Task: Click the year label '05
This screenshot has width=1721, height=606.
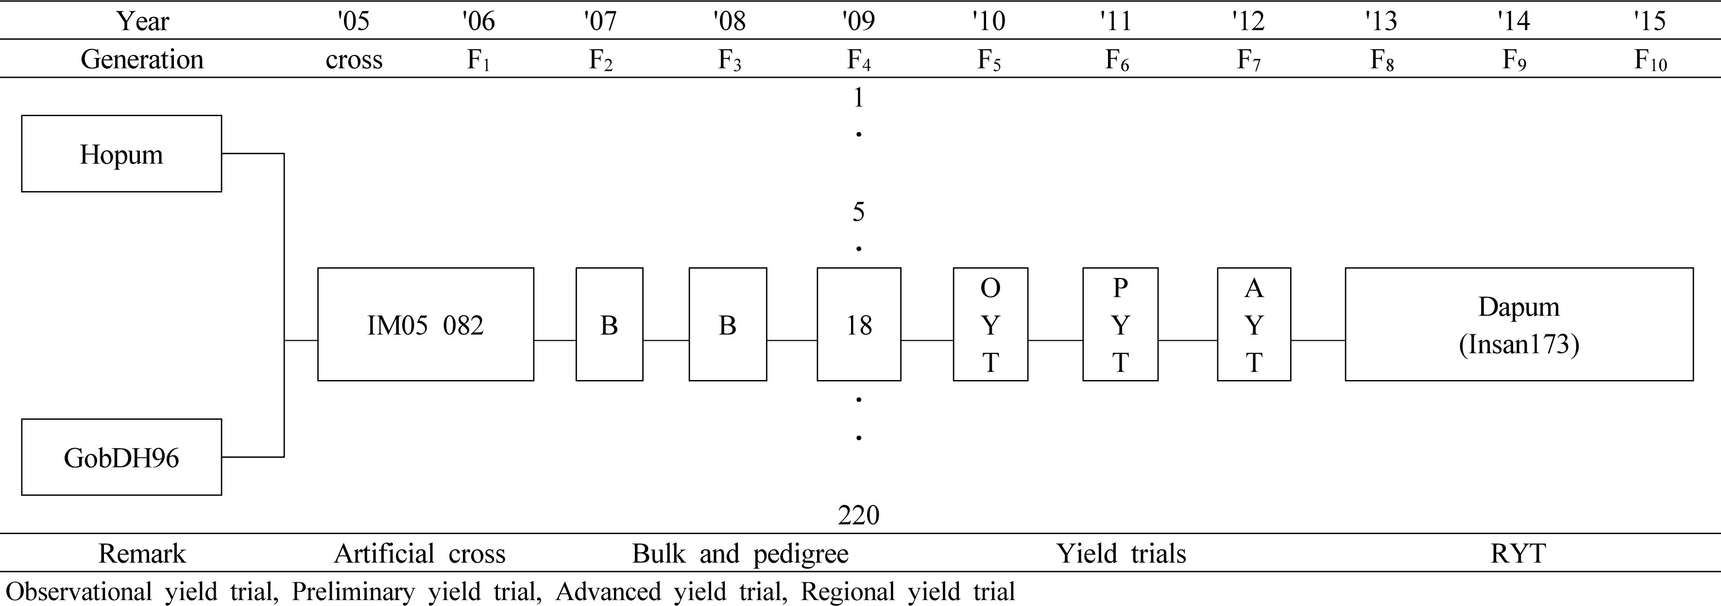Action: point(354,21)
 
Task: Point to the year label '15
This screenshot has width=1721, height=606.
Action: point(1650,21)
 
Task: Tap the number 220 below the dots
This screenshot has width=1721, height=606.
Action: point(858,515)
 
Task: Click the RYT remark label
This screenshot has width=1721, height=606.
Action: point(1518,553)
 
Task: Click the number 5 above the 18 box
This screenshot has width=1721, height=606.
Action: point(858,212)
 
